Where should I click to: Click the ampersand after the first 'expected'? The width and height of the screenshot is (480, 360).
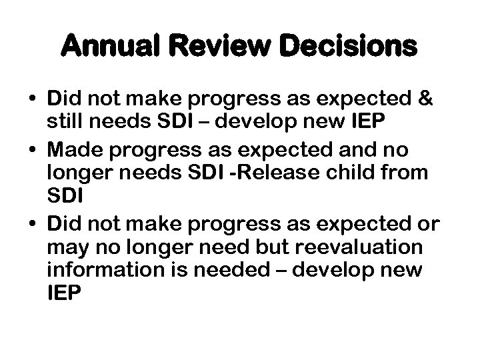[425, 99]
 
